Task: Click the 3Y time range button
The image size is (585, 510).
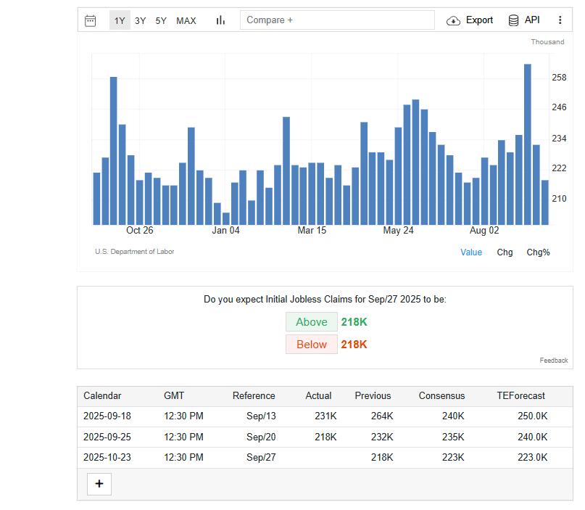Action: pos(141,20)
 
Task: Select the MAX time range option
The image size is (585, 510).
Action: pos(186,20)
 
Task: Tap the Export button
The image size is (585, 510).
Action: pos(470,20)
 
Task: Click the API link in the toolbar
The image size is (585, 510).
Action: pos(524,20)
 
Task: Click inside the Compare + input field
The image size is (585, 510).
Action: pos(337,20)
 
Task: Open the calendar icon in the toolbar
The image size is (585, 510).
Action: pos(91,20)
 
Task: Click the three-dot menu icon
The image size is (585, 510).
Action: pos(560,20)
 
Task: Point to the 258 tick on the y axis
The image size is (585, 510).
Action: pos(559,78)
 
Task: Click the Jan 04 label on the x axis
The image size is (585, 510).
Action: pos(225,231)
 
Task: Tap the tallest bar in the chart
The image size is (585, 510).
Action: pos(528,144)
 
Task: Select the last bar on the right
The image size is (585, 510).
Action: pos(545,202)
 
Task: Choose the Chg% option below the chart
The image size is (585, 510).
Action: pos(538,252)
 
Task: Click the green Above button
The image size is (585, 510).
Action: pos(312,322)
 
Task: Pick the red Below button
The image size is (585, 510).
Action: pos(312,344)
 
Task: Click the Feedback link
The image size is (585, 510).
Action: pos(554,361)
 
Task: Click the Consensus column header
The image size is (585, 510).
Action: pos(441,396)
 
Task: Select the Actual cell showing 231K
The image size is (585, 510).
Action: pos(325,416)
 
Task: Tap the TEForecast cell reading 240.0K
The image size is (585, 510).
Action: pos(532,437)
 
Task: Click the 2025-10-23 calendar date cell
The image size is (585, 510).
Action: pos(107,457)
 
